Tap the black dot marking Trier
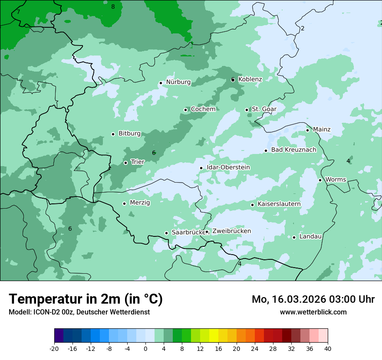(125, 163)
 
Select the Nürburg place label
(178, 82)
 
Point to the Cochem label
(203, 109)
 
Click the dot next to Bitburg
(113, 134)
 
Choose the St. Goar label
(264, 109)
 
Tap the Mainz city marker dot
(307, 130)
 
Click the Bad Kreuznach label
(293, 150)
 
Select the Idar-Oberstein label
(228, 167)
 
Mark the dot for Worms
(320, 180)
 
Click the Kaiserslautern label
(279, 204)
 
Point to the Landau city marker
(294, 237)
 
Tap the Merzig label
(140, 203)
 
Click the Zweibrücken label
(231, 231)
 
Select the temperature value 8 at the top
(113, 7)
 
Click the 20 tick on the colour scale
(236, 348)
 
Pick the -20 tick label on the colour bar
(54, 348)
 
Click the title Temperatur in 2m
(86, 299)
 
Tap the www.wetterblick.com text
(313, 312)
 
